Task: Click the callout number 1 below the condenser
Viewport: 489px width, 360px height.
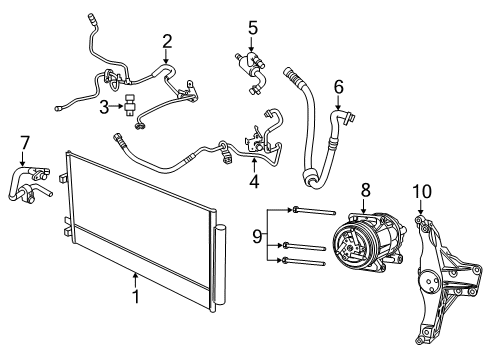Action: [x=134, y=295]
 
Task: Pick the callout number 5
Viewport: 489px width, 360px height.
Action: [x=253, y=27]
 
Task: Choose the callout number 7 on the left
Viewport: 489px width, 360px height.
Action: [x=25, y=142]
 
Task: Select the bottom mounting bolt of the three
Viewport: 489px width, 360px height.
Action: [x=306, y=264]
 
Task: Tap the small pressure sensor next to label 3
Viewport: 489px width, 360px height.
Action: [x=131, y=106]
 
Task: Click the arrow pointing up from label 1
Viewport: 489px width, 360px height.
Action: [x=134, y=278]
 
